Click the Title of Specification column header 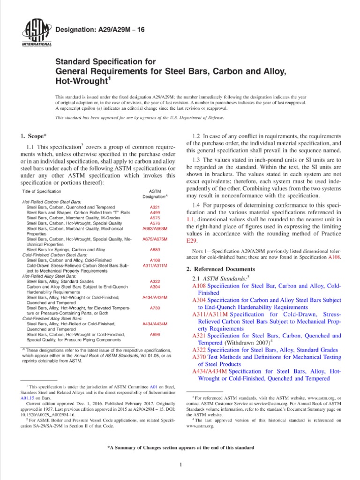(42, 192)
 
